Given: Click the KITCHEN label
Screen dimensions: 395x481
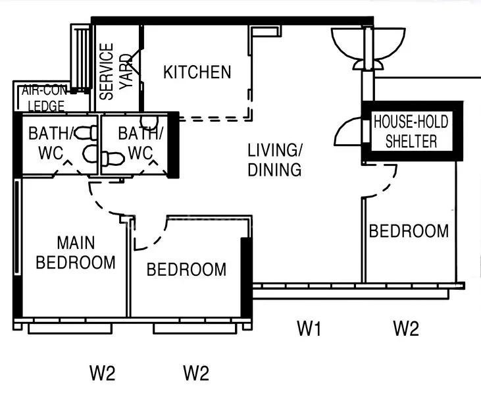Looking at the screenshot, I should tap(197, 72).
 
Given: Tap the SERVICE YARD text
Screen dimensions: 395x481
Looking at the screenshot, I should tap(116, 71).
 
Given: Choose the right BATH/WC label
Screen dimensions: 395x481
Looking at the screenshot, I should tap(140, 143).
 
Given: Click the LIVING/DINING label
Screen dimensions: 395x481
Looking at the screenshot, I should tap(275, 159).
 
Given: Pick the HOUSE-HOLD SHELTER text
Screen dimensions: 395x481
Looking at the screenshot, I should tap(411, 131).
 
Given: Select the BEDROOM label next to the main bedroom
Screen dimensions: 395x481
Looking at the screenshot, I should tap(186, 269).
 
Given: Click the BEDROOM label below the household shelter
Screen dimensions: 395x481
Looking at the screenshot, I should tap(409, 231).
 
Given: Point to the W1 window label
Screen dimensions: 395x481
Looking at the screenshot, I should tap(309, 328).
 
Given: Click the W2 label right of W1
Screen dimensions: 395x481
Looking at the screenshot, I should tap(405, 328).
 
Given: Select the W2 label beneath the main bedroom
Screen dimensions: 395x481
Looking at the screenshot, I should tap(103, 374).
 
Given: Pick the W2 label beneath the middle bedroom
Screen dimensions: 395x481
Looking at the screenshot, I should tap(196, 374).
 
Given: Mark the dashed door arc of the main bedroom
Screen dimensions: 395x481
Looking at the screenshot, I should tap(105, 201).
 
